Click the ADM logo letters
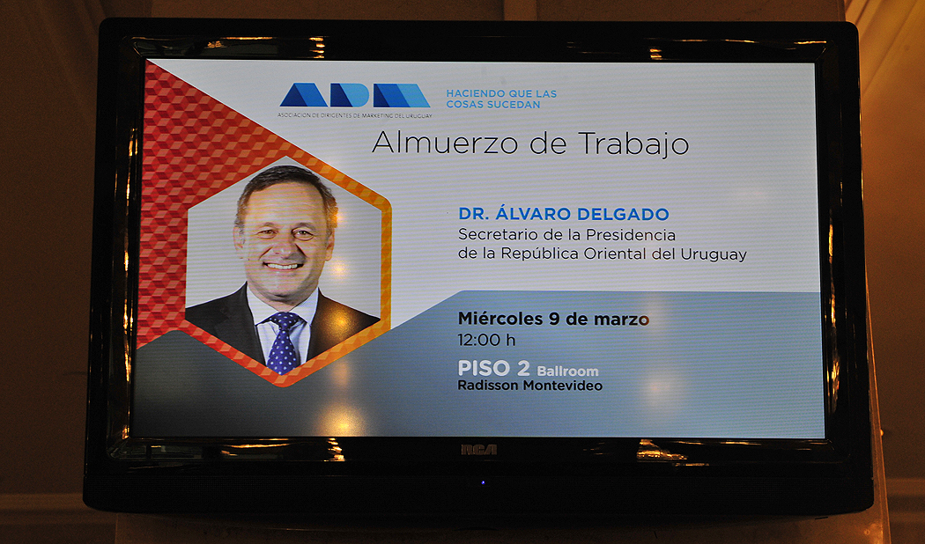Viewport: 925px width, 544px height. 354,95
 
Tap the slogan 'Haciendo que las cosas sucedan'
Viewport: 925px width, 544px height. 501,99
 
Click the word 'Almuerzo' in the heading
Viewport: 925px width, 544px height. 448,143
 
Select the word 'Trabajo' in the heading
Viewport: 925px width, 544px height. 633,144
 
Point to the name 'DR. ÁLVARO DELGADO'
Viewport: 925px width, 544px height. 564,213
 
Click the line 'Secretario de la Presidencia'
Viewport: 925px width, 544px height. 567,234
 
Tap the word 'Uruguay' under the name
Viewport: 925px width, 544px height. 714,254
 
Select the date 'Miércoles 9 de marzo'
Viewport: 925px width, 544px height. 553,319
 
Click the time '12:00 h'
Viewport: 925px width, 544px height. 486,340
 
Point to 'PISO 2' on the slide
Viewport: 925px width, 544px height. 493,368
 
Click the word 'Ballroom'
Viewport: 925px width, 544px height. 567,371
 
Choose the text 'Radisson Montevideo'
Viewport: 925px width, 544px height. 529,386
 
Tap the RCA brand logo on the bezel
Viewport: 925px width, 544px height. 478,450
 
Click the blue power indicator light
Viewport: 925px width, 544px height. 483,482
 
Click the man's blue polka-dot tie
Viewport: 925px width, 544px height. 284,343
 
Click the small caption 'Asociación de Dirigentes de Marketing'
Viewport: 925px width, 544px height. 354,115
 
